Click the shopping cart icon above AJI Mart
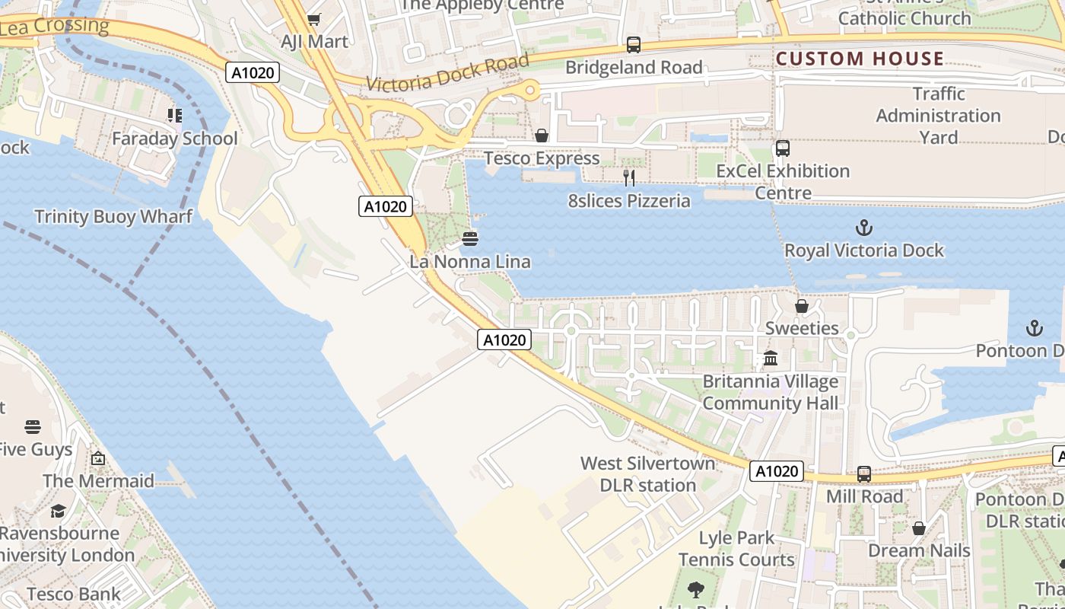[313, 19]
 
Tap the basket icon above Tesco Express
[542, 136]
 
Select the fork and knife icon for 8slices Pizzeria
[629, 178]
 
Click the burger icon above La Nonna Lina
[470, 239]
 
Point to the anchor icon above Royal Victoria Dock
[863, 227]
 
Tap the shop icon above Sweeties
[802, 306]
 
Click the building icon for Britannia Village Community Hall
[771, 358]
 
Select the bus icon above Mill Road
[864, 473]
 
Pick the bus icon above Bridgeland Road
[634, 45]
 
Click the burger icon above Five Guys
[32, 426]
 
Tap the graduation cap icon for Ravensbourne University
[59, 510]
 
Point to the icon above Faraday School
[175, 116]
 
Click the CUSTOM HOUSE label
[860, 59]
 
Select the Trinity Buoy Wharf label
[113, 217]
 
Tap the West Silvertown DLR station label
[648, 474]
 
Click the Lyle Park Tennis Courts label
[736, 549]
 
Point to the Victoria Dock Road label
[447, 74]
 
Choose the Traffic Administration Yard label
[938, 116]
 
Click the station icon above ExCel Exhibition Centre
[783, 148]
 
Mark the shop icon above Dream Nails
[919, 528]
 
